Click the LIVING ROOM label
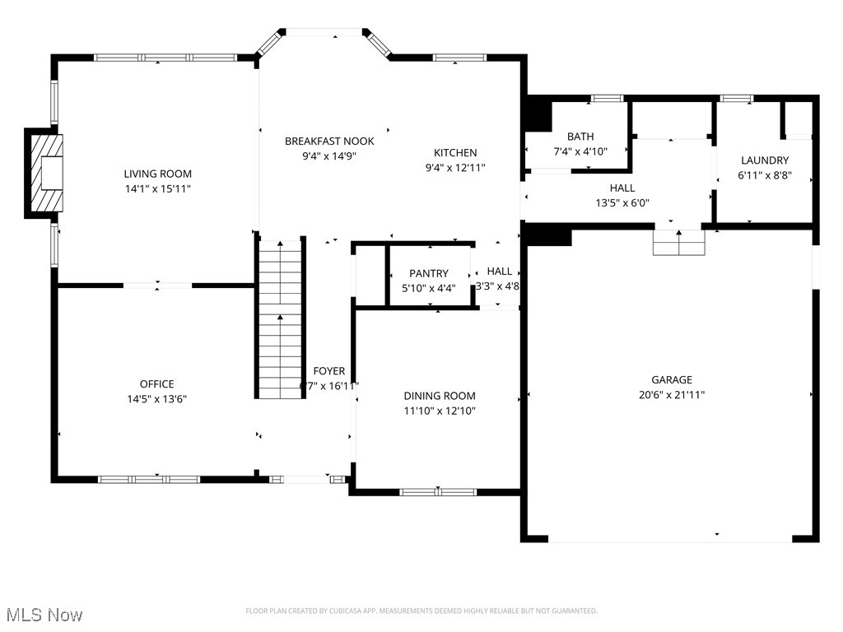coord(157,174)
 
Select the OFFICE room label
coord(156,384)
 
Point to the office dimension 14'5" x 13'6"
coord(156,399)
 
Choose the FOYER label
coord(329,371)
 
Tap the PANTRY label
coord(429,273)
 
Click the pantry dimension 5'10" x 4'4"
coord(429,288)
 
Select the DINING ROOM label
coord(440,396)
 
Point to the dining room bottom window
coord(438,492)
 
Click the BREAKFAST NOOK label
coord(329,141)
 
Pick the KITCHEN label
coord(455,152)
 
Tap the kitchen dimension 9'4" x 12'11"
coord(455,167)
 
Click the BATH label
coord(580,137)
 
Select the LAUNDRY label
coord(765,160)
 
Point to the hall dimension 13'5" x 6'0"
coord(622,203)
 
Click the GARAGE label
coord(672,379)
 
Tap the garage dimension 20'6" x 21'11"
coord(672,394)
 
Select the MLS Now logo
coord(44,615)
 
